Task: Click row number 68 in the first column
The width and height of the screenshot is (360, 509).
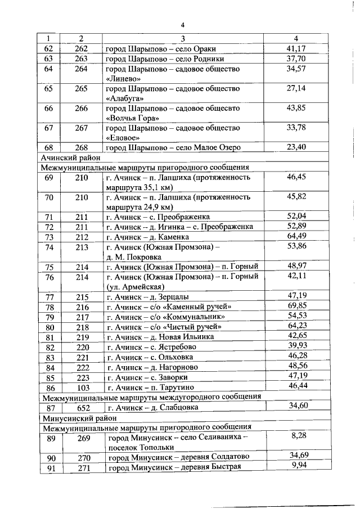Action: click(48, 147)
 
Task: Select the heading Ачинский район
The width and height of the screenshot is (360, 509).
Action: click(67, 157)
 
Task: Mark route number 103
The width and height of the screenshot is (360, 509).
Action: click(82, 388)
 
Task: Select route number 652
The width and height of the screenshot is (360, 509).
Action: click(82, 408)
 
